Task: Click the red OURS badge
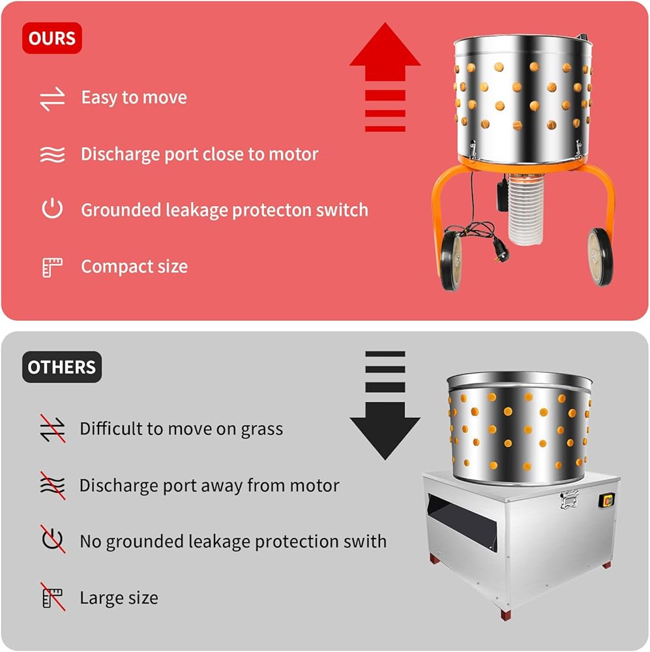[x=52, y=38]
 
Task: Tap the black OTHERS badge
[x=62, y=367]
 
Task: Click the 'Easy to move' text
[x=134, y=98]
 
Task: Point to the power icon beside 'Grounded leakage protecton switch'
[x=52, y=209]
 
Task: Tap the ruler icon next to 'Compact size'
[x=52, y=267]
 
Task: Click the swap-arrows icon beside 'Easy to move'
[x=52, y=99]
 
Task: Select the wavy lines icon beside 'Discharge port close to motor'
[x=52, y=155]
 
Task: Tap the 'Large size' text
[x=119, y=598]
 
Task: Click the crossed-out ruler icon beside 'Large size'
[x=53, y=597]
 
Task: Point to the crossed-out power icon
[x=53, y=539]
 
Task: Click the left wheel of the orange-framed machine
[x=451, y=261]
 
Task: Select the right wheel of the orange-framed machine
[x=600, y=256]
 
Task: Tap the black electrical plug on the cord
[x=500, y=250]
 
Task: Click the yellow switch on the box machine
[x=607, y=500]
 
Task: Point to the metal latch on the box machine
[x=569, y=499]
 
